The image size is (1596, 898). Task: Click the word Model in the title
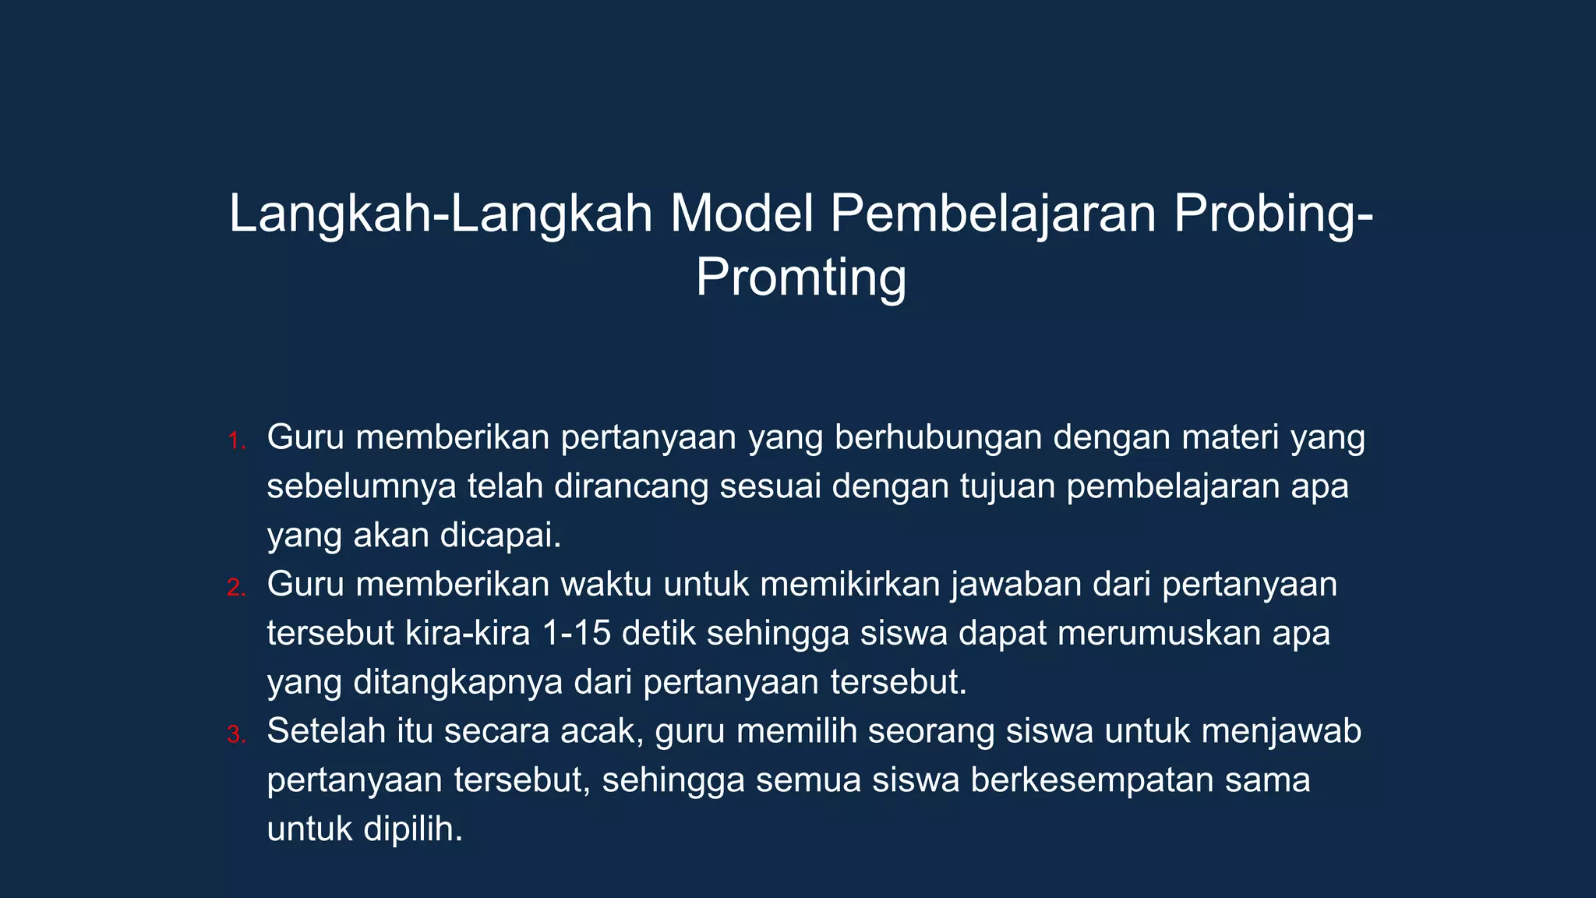[x=741, y=214]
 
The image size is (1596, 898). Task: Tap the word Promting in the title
[x=800, y=278]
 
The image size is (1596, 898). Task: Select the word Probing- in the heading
[x=1273, y=214]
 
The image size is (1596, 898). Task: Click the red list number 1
[x=236, y=441]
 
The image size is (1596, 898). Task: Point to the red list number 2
[x=236, y=588]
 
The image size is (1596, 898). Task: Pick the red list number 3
[x=236, y=734]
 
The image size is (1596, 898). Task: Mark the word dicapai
[x=500, y=536]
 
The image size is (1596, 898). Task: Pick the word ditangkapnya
[x=458, y=682]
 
